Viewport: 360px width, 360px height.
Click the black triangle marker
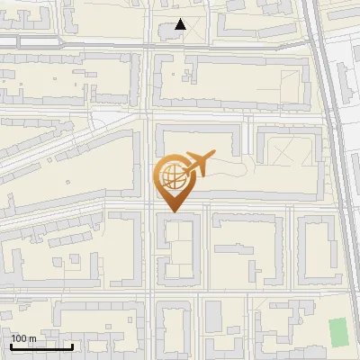pyautogui.click(x=181, y=24)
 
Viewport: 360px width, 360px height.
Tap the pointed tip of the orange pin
pyautogui.click(x=173, y=211)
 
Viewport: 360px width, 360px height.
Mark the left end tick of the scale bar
pyautogui.click(x=12, y=346)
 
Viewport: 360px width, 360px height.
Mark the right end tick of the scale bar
pyautogui.click(x=73, y=346)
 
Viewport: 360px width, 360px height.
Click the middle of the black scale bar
pyautogui.click(x=42, y=346)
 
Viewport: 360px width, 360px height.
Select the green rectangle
pyautogui.click(x=337, y=332)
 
